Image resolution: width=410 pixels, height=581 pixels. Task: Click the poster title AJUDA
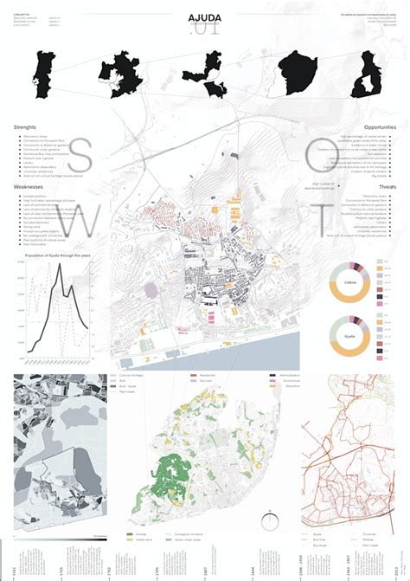click(204, 16)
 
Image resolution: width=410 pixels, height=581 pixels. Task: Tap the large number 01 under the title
click(206, 30)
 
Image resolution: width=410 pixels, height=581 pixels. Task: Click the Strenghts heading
click(25, 127)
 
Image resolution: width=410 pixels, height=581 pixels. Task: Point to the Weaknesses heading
click(29, 186)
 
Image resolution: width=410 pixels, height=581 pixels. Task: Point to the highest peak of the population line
click(60, 266)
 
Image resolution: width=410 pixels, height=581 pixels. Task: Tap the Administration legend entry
click(289, 376)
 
